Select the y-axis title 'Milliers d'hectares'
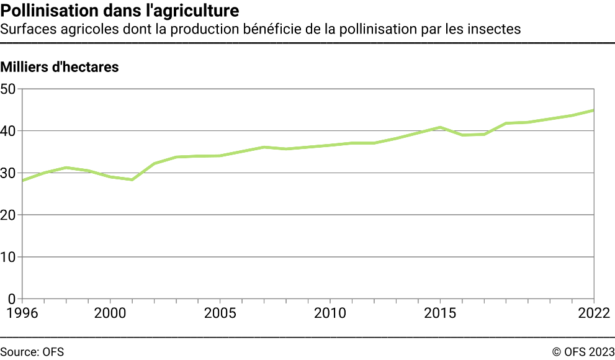tap(60, 68)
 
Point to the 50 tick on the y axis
tap(8, 89)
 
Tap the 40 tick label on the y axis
tap(8, 131)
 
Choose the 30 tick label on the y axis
tap(8, 173)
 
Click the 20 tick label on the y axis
tap(8, 215)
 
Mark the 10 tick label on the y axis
tap(8, 257)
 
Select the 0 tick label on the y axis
tap(11, 299)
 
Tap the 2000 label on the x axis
tap(110, 312)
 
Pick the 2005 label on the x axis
tap(220, 312)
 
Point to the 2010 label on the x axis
tap(330, 312)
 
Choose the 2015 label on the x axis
tap(439, 312)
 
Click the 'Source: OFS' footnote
tap(32, 352)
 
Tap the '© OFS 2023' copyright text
tap(583, 352)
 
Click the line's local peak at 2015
tap(440, 127)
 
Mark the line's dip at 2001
tap(132, 179)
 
